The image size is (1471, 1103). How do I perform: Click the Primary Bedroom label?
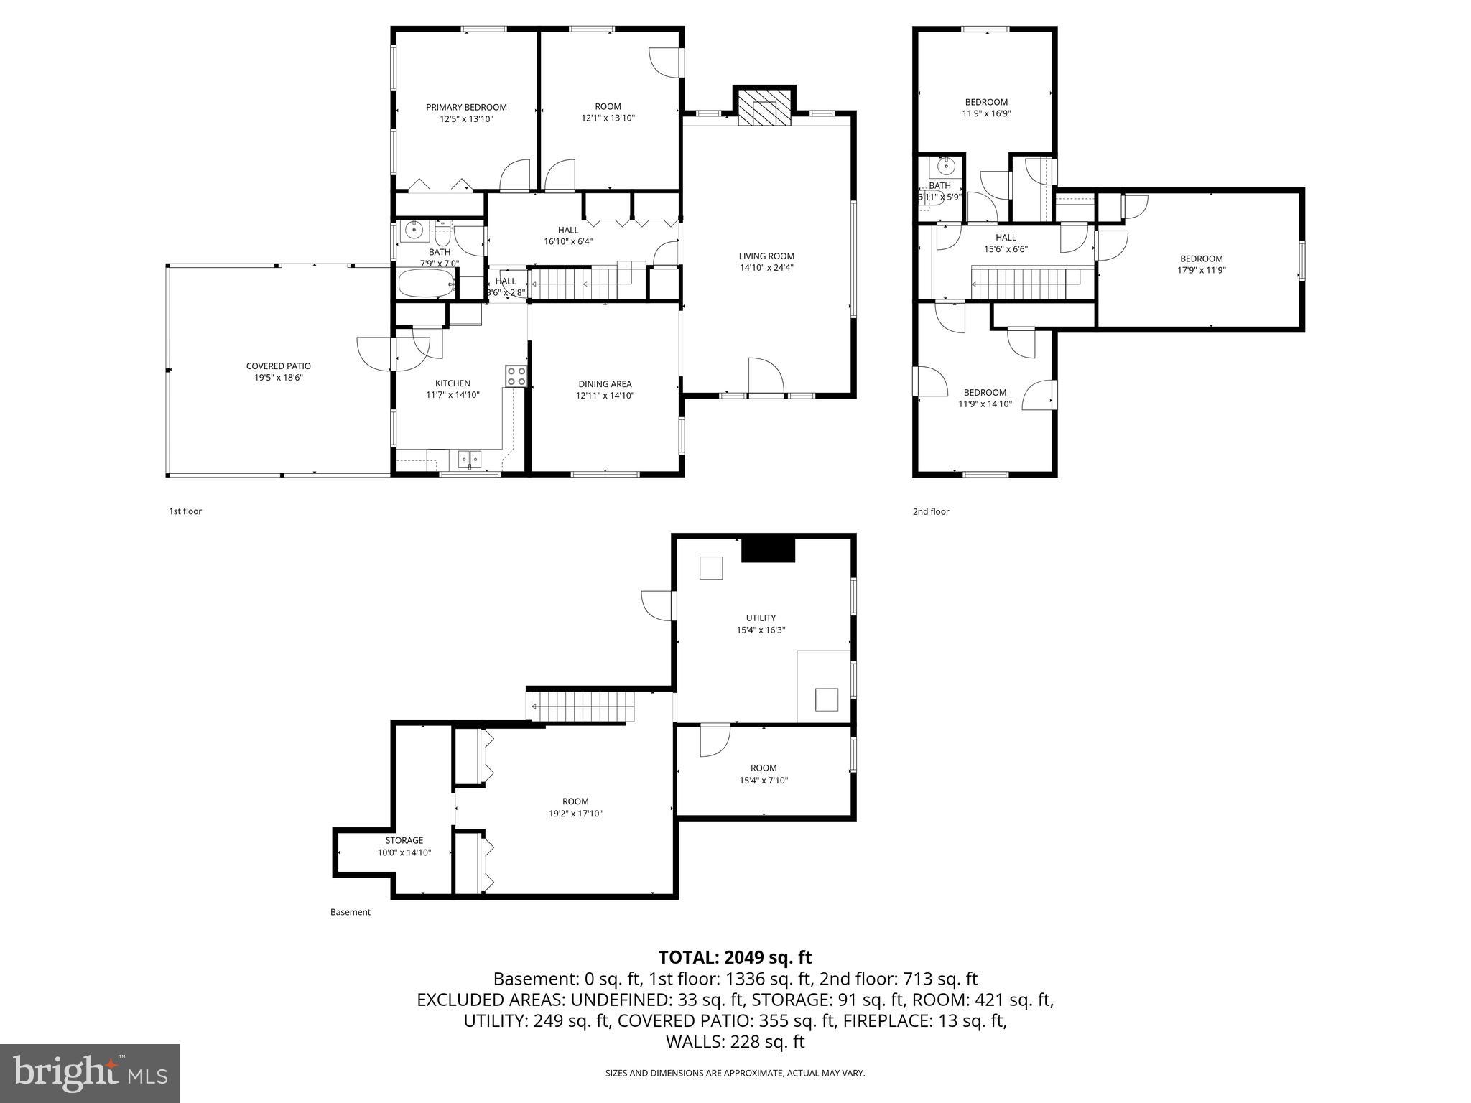[x=466, y=107]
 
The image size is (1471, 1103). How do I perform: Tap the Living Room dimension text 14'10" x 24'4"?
[x=766, y=268]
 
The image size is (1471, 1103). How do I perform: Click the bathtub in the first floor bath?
[x=428, y=284]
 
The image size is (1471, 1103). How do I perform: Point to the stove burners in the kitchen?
[x=516, y=376]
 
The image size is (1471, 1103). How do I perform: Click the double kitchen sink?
[x=470, y=457]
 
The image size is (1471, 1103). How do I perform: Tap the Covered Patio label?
[x=278, y=366]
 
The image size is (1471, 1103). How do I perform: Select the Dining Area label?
[x=605, y=384]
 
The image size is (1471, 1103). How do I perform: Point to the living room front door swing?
[x=765, y=376]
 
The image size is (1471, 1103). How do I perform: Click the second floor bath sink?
[x=945, y=169]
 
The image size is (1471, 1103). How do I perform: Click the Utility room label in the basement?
[x=761, y=618]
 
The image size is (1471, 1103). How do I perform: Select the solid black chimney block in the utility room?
[x=768, y=549]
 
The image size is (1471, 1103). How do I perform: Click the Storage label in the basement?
[x=404, y=840]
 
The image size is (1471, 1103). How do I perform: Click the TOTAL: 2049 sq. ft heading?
[x=735, y=957]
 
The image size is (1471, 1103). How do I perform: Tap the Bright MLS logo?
[x=90, y=1073]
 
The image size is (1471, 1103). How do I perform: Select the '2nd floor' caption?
[x=930, y=511]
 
